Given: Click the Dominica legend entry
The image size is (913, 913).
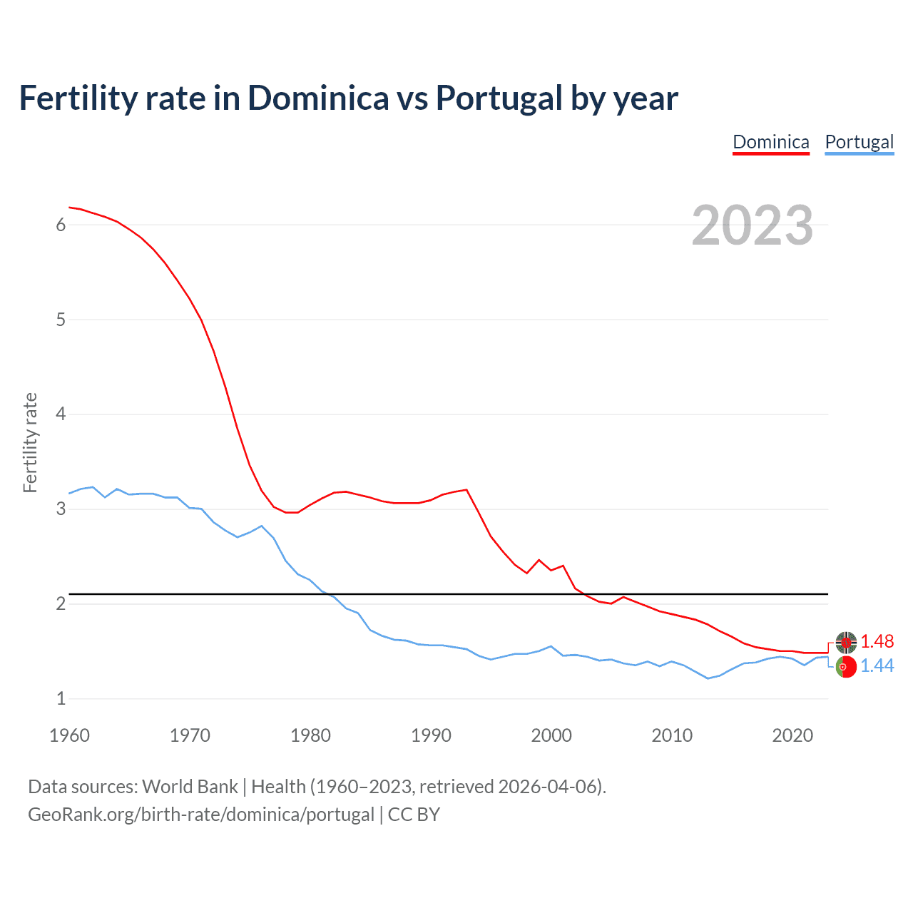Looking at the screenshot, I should coord(771,142).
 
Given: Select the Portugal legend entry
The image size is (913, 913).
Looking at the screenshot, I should coord(859,142).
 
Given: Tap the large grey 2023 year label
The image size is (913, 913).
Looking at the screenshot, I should coord(752,225).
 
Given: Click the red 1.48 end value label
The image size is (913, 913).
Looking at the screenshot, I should coord(877,641).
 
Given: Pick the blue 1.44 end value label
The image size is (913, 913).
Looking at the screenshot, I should coord(877,665).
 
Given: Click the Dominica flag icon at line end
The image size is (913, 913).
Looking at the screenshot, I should coord(846,642).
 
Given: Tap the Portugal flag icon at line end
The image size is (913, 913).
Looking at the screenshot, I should coord(846,667).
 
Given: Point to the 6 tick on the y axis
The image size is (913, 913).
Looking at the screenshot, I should coord(61,225).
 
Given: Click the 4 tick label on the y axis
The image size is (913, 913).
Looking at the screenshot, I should coord(61,414).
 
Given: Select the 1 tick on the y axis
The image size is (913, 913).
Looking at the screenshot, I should coord(61,698).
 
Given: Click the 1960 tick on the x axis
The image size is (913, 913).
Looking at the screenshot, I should coord(69,735).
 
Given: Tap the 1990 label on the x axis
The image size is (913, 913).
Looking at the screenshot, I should coord(431,735).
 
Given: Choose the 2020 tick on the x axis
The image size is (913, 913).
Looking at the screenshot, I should coord(792,735).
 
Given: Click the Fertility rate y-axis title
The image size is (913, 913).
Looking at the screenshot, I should coord(30,442).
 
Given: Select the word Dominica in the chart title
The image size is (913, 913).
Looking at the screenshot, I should coord(318,98).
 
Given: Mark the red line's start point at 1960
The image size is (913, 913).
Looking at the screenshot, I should coord(69,208).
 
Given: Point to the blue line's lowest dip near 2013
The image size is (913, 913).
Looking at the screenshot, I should coord(708,678).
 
